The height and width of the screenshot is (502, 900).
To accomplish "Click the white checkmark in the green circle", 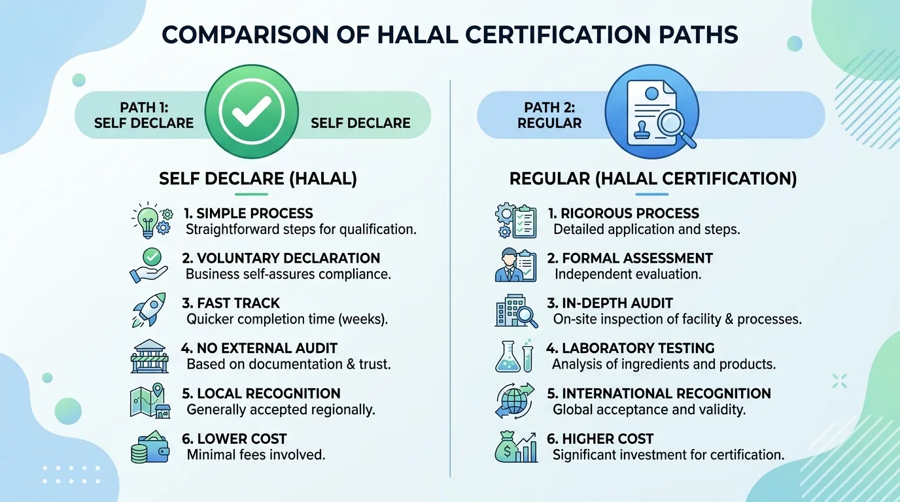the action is tap(252, 111).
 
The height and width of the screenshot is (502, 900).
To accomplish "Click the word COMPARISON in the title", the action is tap(245, 35).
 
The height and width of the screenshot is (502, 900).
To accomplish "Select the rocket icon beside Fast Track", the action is tap(149, 310).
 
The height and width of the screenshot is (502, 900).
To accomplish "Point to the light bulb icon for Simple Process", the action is tap(147, 220).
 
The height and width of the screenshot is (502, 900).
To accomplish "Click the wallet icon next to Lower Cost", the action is tap(150, 446).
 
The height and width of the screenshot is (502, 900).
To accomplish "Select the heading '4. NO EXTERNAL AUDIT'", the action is tap(259, 348).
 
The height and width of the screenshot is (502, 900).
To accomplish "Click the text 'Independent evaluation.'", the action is tap(628, 275).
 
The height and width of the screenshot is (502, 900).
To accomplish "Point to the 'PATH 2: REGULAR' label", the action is tap(549, 115).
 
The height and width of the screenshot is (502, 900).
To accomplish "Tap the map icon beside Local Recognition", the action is tap(150, 401).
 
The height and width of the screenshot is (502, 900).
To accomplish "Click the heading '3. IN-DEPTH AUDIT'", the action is tap(610, 303).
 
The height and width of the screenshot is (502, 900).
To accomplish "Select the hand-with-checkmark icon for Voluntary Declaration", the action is tap(149, 265).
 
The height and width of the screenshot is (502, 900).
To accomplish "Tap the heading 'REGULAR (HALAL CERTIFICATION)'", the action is tap(653, 178).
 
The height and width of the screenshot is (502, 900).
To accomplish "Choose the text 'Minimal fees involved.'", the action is tap(256, 455).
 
